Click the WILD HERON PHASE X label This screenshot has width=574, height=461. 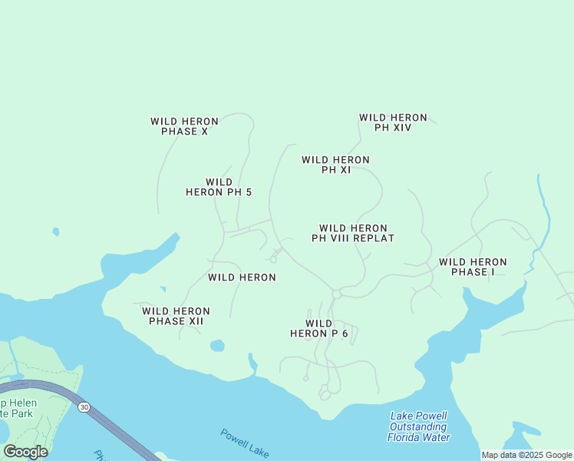coord(184,126)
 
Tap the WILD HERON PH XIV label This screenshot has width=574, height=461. coord(393,122)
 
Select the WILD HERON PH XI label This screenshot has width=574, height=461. coord(335,164)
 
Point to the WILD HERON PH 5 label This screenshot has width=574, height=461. coord(219,187)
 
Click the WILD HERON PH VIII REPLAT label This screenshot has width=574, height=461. coord(353,233)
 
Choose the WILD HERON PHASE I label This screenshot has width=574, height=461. coord(472,267)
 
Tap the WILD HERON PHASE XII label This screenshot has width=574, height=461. coord(176,316)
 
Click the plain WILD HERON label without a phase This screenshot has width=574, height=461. coord(242,277)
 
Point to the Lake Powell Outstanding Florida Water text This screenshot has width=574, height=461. coord(419,426)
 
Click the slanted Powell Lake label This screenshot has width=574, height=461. coord(244,443)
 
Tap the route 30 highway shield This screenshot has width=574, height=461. coord(84,406)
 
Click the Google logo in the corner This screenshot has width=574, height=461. coord(25,452)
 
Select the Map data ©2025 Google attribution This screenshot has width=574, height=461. coord(526,455)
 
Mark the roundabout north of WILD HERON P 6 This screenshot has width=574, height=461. coord(336,294)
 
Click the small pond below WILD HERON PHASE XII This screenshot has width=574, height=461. coord(217,346)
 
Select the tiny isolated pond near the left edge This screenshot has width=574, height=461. coord(55,231)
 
